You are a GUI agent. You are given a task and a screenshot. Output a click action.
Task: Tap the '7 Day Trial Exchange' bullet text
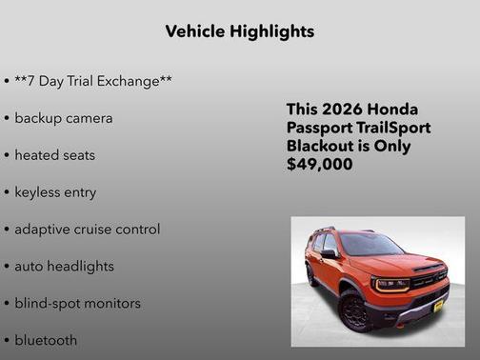click(x=93, y=81)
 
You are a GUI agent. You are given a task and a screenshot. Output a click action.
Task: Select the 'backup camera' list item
click(x=64, y=118)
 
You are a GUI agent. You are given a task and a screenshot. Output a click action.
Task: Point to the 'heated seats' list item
click(x=55, y=155)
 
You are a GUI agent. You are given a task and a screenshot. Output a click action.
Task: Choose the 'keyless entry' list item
click(x=55, y=192)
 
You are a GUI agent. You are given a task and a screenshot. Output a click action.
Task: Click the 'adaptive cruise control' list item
click(x=88, y=230)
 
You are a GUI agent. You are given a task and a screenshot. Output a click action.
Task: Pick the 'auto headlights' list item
click(x=64, y=267)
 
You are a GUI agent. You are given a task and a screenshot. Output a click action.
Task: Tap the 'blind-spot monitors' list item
click(x=77, y=304)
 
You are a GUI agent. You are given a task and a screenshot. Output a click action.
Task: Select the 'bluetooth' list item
click(x=46, y=340)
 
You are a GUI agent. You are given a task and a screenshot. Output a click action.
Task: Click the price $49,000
click(x=320, y=165)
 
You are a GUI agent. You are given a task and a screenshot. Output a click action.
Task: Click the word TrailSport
click(x=392, y=129)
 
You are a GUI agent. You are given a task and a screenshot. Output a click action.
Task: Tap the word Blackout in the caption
click(x=321, y=147)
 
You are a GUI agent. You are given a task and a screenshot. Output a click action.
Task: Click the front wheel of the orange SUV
click(x=355, y=311)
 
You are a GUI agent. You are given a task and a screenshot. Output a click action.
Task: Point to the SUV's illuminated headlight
click(x=391, y=284)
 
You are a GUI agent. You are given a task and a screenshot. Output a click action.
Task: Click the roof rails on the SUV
click(x=329, y=230)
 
